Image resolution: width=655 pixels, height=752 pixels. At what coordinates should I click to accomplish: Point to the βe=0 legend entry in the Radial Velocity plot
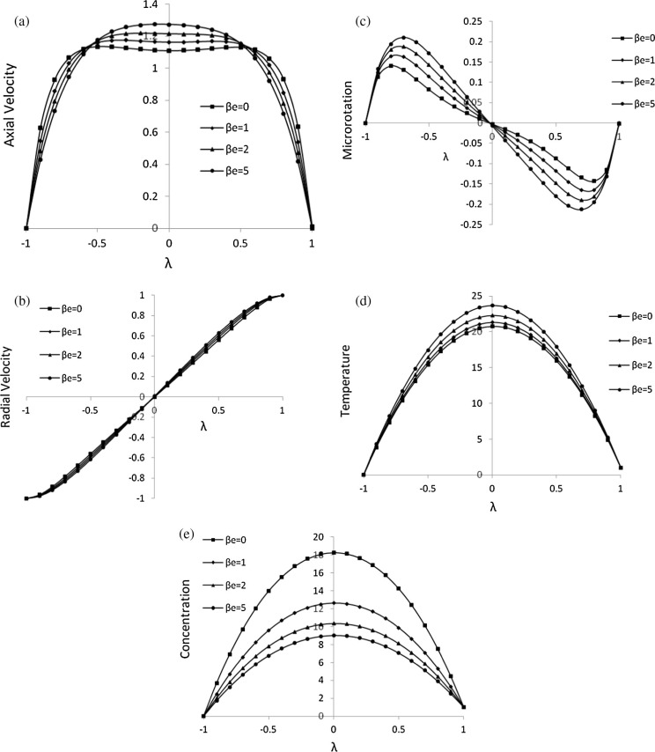click(68, 308)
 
